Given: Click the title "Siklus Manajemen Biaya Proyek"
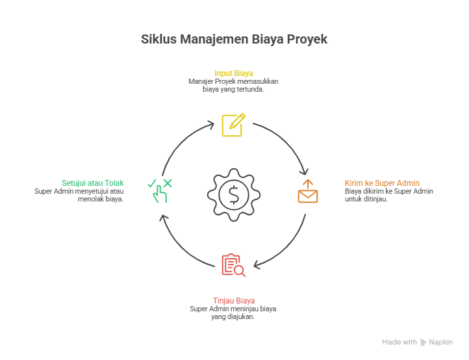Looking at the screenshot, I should (x=234, y=40).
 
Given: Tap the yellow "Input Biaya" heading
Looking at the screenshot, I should (x=234, y=73).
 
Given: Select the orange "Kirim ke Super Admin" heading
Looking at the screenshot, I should (x=381, y=183).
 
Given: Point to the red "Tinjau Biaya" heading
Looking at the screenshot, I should (x=233, y=300).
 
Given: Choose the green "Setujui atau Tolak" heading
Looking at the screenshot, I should (x=92, y=183).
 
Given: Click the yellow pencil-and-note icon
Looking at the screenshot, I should (x=233, y=124).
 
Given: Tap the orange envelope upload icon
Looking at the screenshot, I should (x=308, y=192).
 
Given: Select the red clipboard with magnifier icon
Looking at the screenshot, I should (x=233, y=265).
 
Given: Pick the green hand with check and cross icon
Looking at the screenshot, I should (x=158, y=191).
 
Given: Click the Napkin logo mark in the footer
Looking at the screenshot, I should (x=424, y=342).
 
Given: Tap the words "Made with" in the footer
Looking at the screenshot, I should (x=399, y=342).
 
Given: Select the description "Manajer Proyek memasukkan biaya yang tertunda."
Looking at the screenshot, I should (x=233, y=86).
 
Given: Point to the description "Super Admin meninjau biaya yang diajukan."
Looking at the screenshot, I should (x=233, y=313).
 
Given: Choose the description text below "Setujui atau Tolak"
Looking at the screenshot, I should (x=79, y=195).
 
